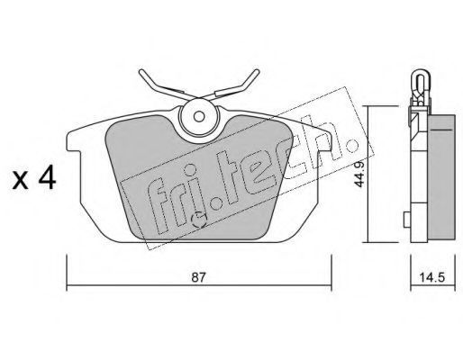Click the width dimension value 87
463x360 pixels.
[199, 277]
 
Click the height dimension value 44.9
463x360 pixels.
[359, 174]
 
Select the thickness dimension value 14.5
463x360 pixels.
[431, 277]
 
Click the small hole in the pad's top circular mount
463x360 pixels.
[199, 116]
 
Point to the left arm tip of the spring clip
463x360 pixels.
[141, 72]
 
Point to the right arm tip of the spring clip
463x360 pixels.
[256, 72]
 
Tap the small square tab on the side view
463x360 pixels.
[407, 220]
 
